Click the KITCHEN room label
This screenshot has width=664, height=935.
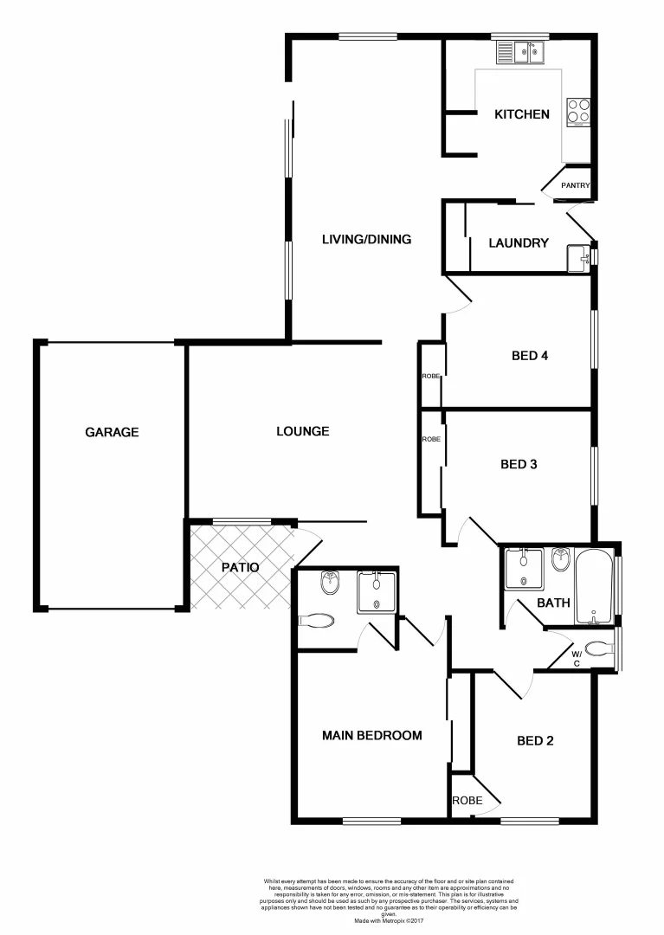point(521,114)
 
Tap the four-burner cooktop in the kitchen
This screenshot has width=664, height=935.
point(579,111)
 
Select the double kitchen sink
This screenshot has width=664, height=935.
point(522,54)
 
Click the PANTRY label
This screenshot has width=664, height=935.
point(576,185)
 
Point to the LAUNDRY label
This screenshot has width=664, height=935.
point(519,243)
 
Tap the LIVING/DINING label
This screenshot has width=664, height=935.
point(366,240)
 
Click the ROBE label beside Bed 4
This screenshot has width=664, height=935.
point(431,377)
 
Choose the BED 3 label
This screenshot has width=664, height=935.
point(519,464)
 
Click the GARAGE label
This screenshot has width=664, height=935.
point(112,432)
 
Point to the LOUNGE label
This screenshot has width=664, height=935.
point(302,431)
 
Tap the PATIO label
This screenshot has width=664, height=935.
point(240,568)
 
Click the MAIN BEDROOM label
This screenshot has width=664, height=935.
point(371,736)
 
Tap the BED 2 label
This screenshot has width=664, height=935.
point(535,740)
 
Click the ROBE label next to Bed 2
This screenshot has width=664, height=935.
point(467,801)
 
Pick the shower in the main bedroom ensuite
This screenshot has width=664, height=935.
point(377,592)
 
